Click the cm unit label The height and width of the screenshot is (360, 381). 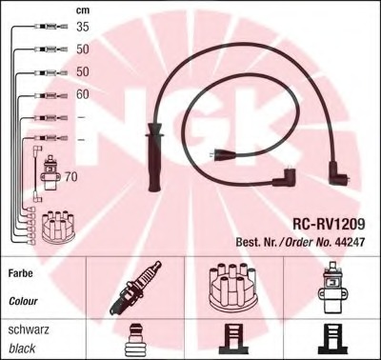(83, 10)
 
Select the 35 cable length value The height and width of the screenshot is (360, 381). (83, 27)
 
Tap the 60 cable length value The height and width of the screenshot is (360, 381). (83, 94)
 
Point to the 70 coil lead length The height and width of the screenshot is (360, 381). (71, 177)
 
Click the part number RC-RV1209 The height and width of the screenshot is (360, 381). (329, 224)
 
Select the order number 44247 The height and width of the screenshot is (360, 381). (350, 242)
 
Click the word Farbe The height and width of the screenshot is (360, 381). (21, 273)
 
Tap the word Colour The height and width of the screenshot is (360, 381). (23, 301)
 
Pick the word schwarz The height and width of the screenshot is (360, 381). (29, 330)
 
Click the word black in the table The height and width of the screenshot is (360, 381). (22, 349)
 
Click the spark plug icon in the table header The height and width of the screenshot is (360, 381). (135, 288)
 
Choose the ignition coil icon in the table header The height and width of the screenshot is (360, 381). (332, 288)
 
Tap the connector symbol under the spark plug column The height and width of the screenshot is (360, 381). (135, 340)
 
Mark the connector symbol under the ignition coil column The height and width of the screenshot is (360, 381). (332, 340)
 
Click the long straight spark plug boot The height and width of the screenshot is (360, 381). (154, 158)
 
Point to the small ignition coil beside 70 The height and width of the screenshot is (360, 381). (50, 173)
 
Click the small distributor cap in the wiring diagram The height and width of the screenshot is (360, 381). (59, 226)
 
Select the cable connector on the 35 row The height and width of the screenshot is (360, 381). (50, 27)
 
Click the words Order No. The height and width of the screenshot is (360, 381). (308, 242)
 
